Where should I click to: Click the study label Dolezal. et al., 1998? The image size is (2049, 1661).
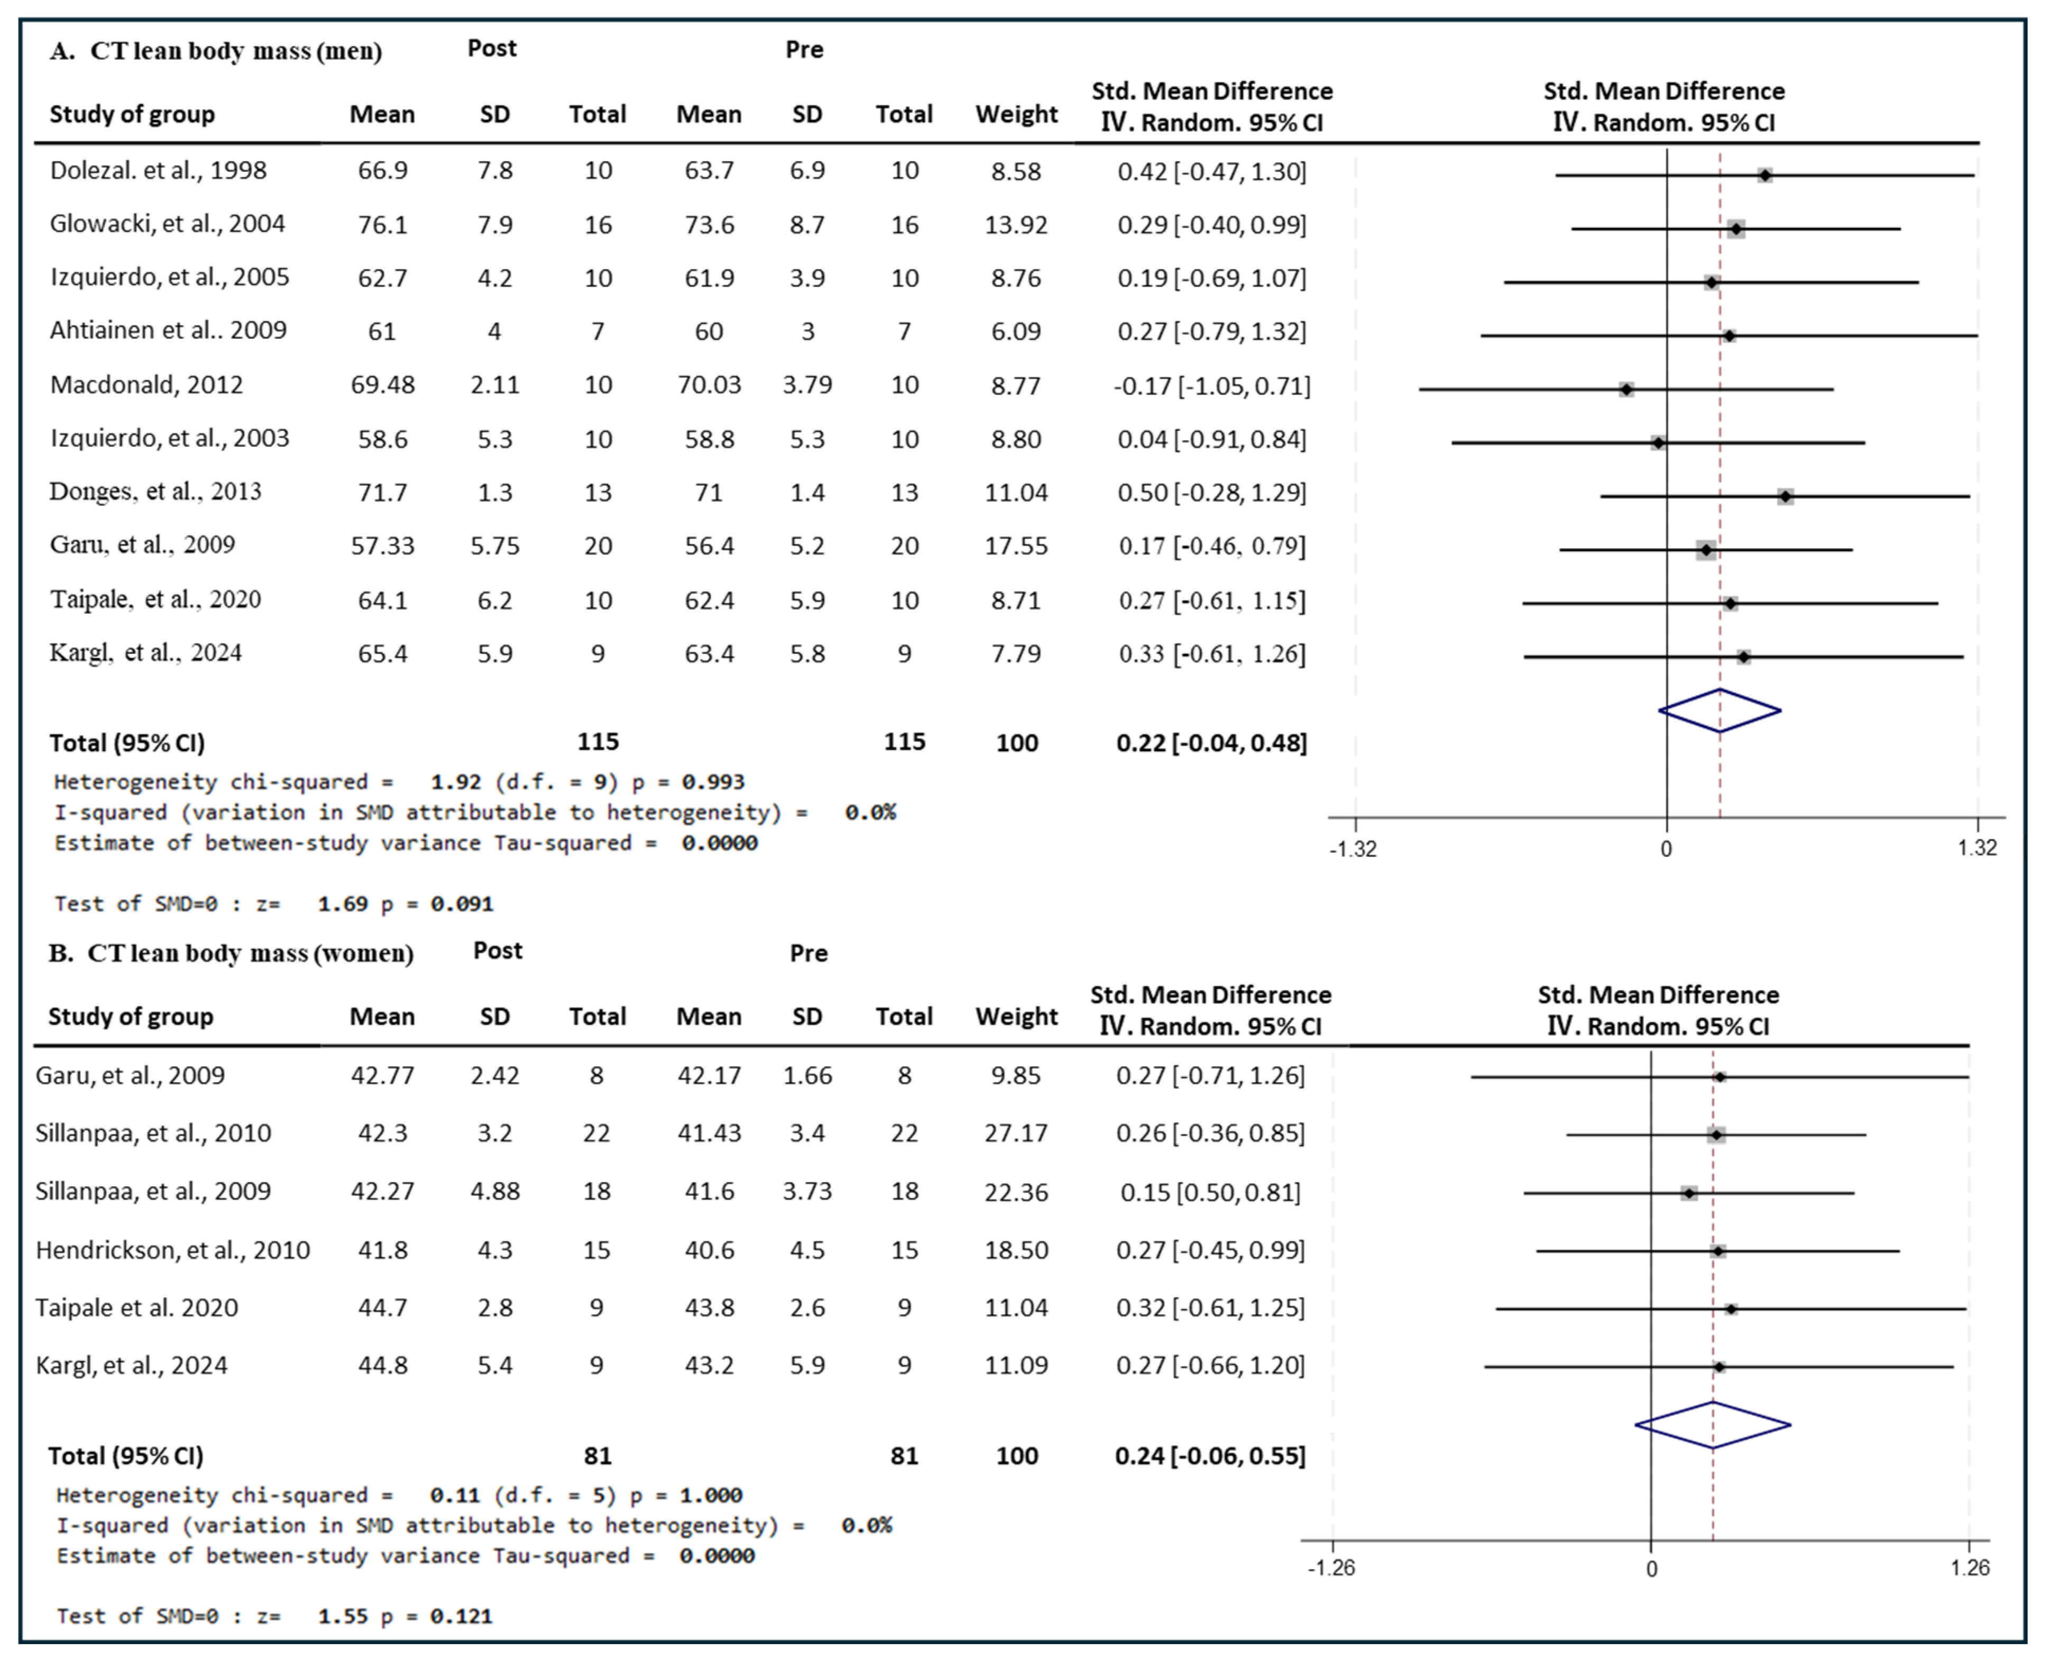(158, 170)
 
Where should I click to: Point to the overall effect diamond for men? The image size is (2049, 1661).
(1720, 711)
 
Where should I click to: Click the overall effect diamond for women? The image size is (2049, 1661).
(1712, 1425)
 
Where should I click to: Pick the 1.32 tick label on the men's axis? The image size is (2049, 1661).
(1977, 848)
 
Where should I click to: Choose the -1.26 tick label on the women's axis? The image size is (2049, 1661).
(1331, 1568)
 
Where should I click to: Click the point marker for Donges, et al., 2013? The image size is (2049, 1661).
(1785, 496)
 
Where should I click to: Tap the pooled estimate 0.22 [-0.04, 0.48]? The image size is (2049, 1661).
(1211, 742)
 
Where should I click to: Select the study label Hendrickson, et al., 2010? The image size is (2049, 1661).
(172, 1250)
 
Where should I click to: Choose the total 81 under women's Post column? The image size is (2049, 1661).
(597, 1455)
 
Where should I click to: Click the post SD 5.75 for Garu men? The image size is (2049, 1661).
(495, 546)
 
